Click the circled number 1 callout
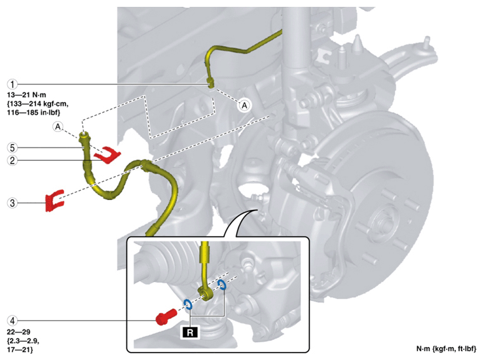(12, 84)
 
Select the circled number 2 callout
(12, 160)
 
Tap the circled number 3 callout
(12, 203)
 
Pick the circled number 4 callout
(12, 321)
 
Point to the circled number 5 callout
(12, 148)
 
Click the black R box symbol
(190, 332)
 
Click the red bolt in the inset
(166, 317)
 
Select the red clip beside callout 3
(55, 201)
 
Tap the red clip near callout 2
(107, 154)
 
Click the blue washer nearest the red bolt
(187, 305)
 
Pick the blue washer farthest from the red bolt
(222, 285)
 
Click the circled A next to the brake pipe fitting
(244, 106)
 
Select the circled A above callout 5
(58, 126)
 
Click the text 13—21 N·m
(27, 95)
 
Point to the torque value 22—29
(19, 332)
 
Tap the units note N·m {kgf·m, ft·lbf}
(447, 349)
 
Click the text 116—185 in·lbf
(34, 112)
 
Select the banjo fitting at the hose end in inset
(205, 293)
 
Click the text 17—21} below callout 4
(20, 350)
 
